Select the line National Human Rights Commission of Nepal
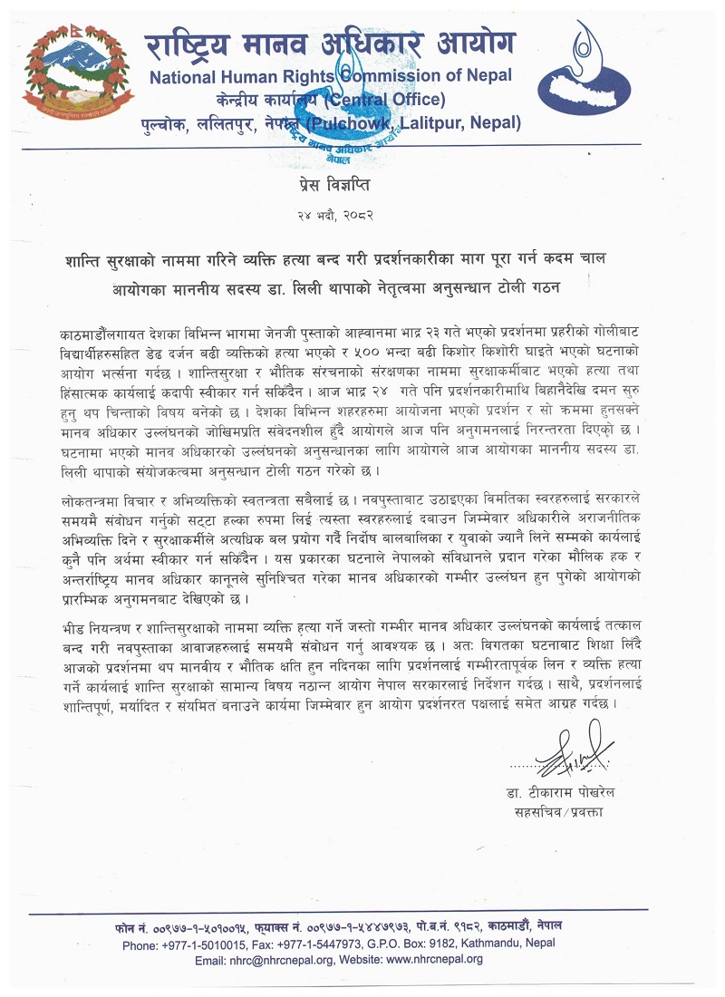pyautogui.click(x=330, y=76)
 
